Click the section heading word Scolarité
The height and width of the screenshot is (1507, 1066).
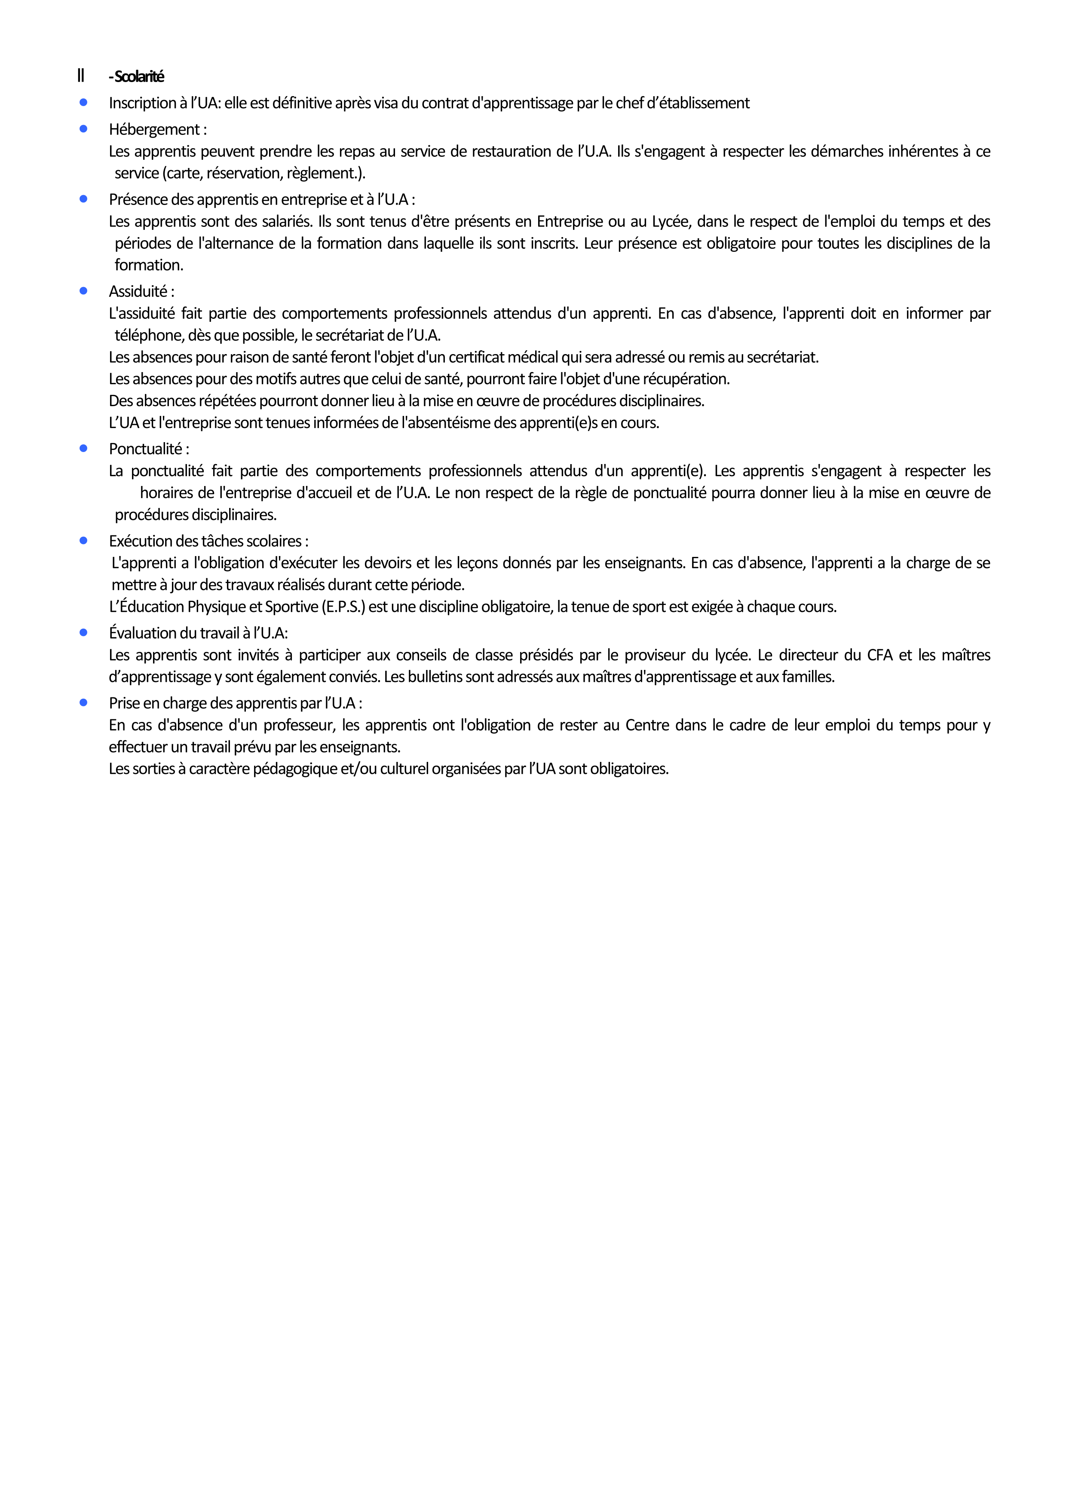(139, 77)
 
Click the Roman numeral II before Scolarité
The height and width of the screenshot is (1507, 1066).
(81, 76)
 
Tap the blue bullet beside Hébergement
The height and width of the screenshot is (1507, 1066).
(83, 128)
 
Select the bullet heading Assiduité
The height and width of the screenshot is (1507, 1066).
(141, 291)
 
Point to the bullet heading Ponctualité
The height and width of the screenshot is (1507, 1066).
(148, 449)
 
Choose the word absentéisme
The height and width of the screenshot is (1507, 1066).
(446, 423)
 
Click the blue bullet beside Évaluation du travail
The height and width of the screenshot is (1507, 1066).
(83, 633)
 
